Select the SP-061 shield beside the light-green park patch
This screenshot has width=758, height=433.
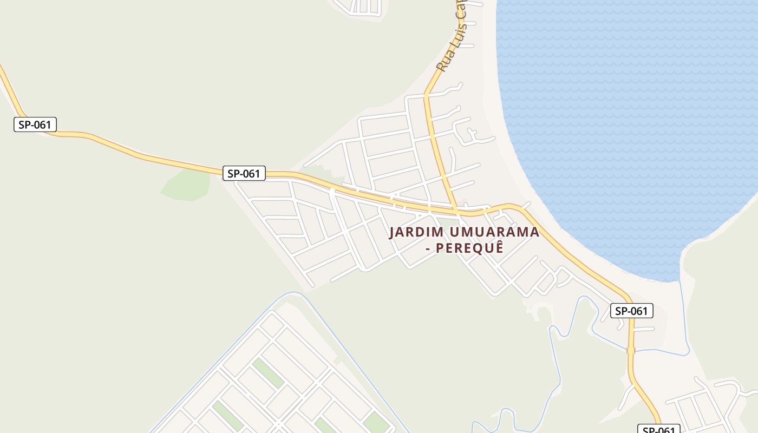point(244,174)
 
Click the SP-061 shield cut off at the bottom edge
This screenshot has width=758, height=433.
point(658,429)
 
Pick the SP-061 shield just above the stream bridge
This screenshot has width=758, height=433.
point(632,311)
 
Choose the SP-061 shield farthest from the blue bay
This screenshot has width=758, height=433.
point(35,125)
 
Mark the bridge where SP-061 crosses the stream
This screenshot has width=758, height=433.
point(631,350)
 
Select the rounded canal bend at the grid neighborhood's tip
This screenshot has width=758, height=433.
point(293,294)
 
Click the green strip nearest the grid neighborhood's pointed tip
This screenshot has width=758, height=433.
point(267,373)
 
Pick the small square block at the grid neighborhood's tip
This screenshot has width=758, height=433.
point(272,325)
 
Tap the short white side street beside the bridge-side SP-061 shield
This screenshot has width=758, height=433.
point(643,329)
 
